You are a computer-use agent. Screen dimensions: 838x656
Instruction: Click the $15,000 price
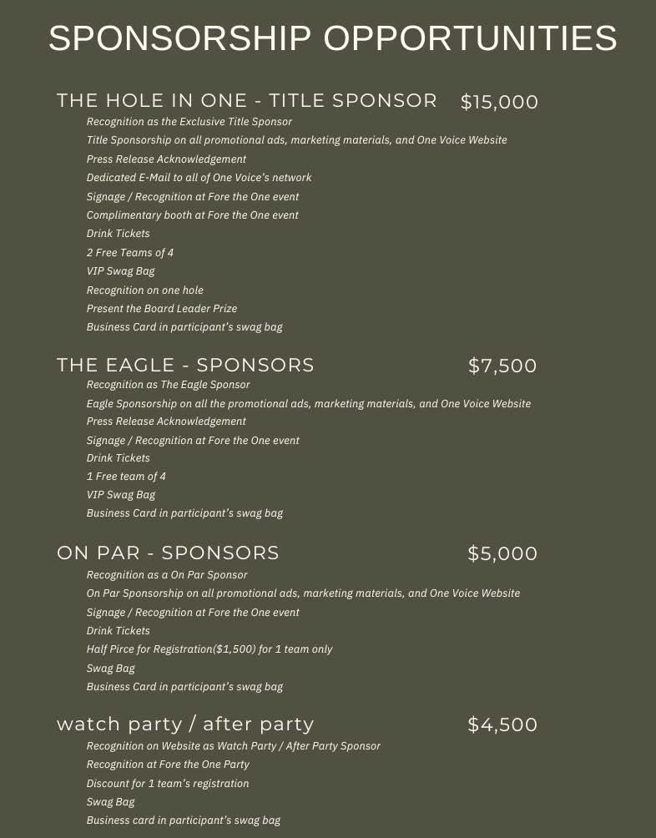pyautogui.click(x=499, y=103)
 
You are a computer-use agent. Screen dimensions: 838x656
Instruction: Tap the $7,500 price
pyautogui.click(x=502, y=366)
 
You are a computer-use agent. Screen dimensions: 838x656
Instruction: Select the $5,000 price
pyautogui.click(x=502, y=553)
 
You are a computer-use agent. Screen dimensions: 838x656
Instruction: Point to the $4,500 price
pyautogui.click(x=502, y=724)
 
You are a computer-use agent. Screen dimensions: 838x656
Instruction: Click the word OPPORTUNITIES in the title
pyautogui.click(x=470, y=39)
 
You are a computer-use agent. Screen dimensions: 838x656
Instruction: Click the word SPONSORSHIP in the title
pyautogui.click(x=179, y=39)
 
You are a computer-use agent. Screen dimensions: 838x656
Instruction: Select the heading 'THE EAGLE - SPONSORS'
pyautogui.click(x=185, y=366)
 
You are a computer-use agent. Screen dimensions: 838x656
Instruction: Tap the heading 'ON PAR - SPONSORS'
pyautogui.click(x=168, y=553)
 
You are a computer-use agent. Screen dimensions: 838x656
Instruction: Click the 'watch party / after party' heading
pyautogui.click(x=185, y=724)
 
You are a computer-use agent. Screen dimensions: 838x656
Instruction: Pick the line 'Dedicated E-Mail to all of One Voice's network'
pyautogui.click(x=199, y=178)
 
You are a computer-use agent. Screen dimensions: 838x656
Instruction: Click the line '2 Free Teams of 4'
pyautogui.click(x=130, y=252)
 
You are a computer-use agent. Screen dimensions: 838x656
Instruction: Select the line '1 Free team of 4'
pyautogui.click(x=126, y=477)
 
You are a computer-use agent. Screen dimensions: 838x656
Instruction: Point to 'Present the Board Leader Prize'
pyautogui.click(x=162, y=309)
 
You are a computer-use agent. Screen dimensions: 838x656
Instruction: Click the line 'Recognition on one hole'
pyautogui.click(x=145, y=290)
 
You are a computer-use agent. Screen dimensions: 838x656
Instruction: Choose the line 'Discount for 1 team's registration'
pyautogui.click(x=168, y=784)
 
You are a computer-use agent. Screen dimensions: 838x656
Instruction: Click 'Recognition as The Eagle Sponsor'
pyautogui.click(x=169, y=385)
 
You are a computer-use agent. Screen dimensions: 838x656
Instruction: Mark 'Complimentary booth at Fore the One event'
pyautogui.click(x=193, y=215)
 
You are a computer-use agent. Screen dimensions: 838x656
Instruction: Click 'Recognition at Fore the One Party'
pyautogui.click(x=168, y=765)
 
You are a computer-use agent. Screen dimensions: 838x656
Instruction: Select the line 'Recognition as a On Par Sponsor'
pyautogui.click(x=167, y=575)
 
